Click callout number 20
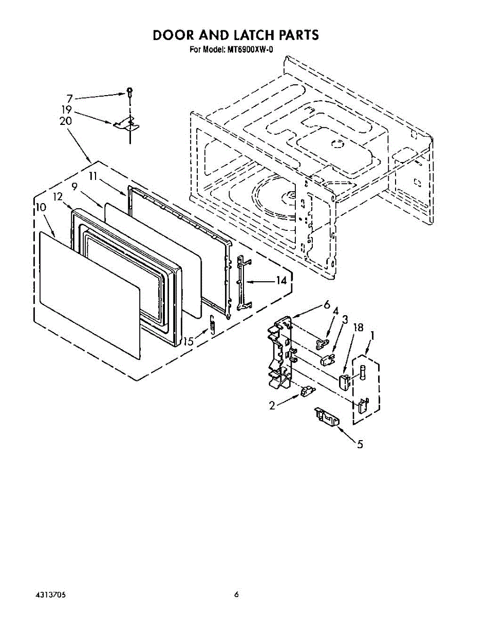66,121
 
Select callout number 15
189,341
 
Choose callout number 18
359,328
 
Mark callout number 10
41,207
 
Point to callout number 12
58,196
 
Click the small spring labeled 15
211,325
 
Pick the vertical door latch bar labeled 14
243,283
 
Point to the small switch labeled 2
307,392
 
